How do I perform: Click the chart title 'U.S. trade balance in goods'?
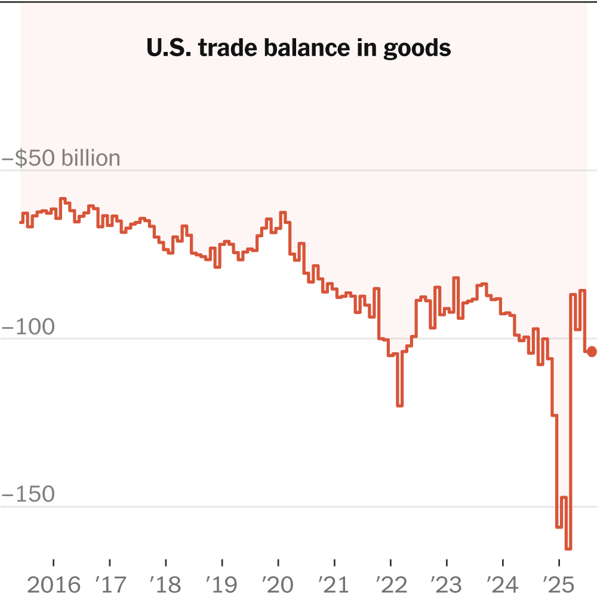pos(298,48)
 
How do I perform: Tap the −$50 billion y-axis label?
pos(61,158)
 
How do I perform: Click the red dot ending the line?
pos(592,352)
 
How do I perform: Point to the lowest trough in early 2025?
pos(568,548)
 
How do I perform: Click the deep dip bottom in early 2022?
pos(400,405)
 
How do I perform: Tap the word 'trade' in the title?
pos(221,48)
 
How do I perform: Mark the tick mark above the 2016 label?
pos(54,563)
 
